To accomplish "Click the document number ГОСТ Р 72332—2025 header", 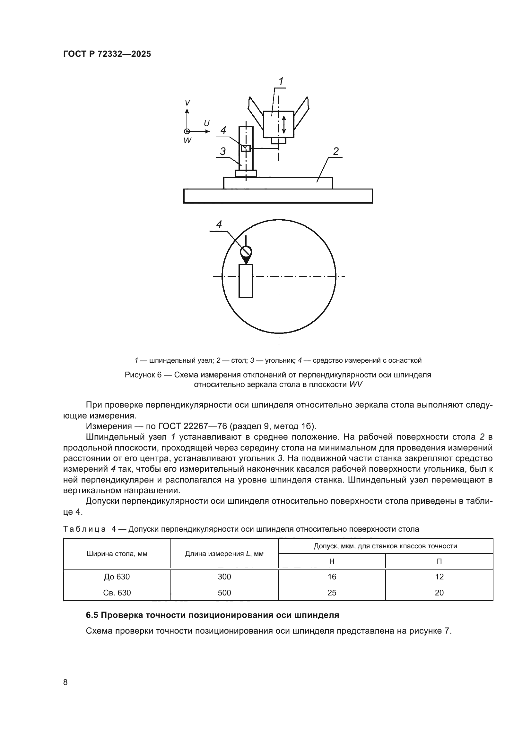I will pos(107,54).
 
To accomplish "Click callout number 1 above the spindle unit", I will pos(281,81).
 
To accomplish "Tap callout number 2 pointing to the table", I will pos(336,151).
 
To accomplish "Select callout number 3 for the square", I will pos(223,151).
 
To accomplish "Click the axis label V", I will pos(187,103).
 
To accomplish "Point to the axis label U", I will pos(207,123).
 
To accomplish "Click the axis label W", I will pos(187,141).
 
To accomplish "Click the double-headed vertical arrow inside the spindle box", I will pos(284,124).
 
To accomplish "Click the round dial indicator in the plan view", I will pos(246,251).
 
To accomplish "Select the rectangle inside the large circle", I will pos(246,281).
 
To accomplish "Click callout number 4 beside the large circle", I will pos(219,224).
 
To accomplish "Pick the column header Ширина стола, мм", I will pos(117,554).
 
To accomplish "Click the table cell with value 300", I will pos(224,577).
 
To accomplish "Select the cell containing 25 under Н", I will pos(332,593).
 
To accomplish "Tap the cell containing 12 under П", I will pos(439,577).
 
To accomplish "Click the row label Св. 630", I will pos(117,593).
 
